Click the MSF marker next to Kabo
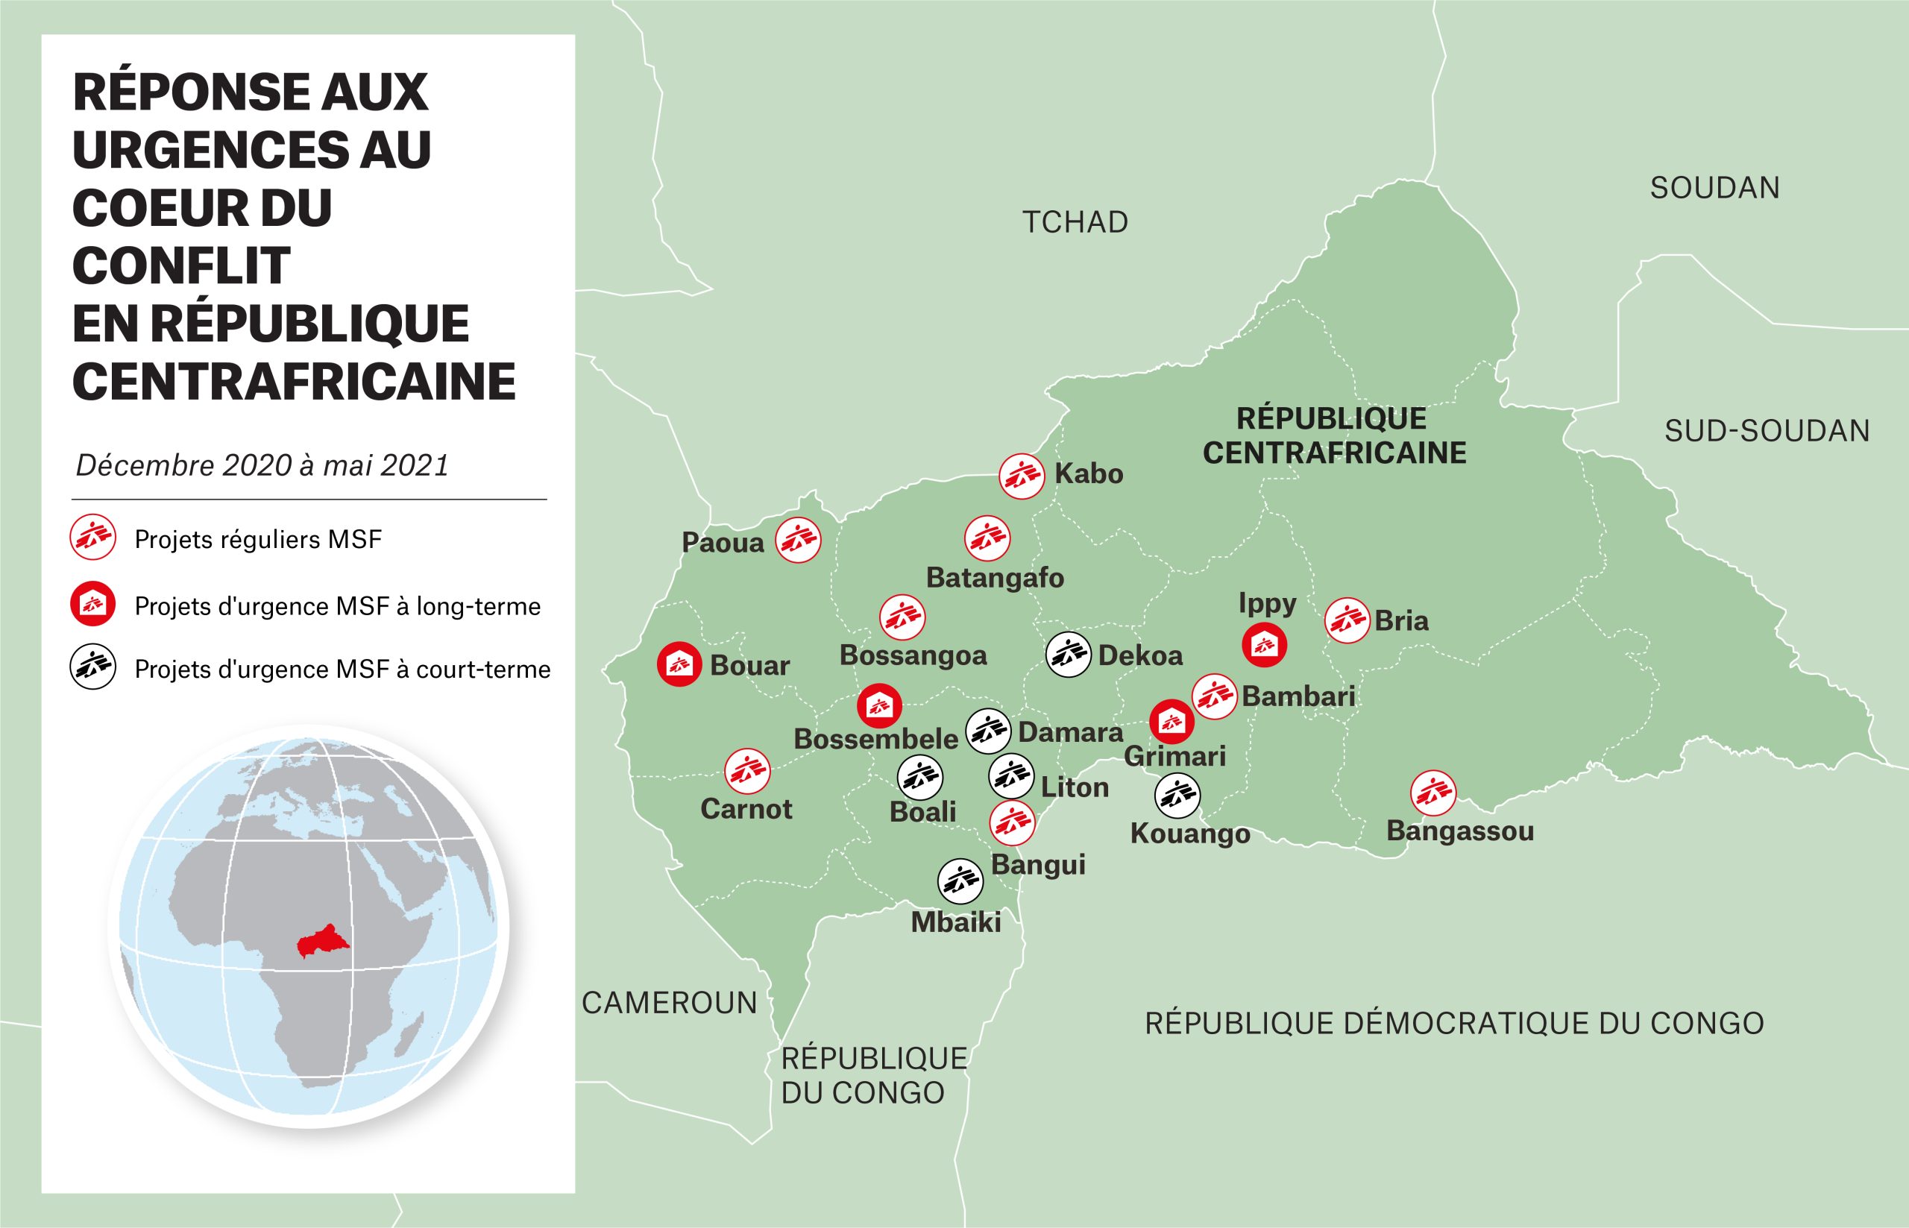[1022, 476]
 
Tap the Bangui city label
[1037, 864]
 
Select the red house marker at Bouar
[679, 664]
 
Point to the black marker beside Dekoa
[1068, 655]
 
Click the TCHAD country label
[1075, 222]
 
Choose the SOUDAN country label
[1714, 188]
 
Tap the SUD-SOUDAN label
[1767, 431]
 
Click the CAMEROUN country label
[669, 1003]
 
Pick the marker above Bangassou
[1433, 793]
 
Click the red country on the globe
[318, 942]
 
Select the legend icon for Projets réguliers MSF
[93, 538]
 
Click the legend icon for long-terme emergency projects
[93, 605]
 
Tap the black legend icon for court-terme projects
[93, 667]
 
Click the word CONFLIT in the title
[181, 265]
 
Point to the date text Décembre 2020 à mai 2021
[262, 465]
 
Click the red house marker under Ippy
[1264, 644]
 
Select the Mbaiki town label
[955, 922]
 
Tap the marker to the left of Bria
[1347, 620]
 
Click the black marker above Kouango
[1177, 795]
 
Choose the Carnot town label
[746, 810]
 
